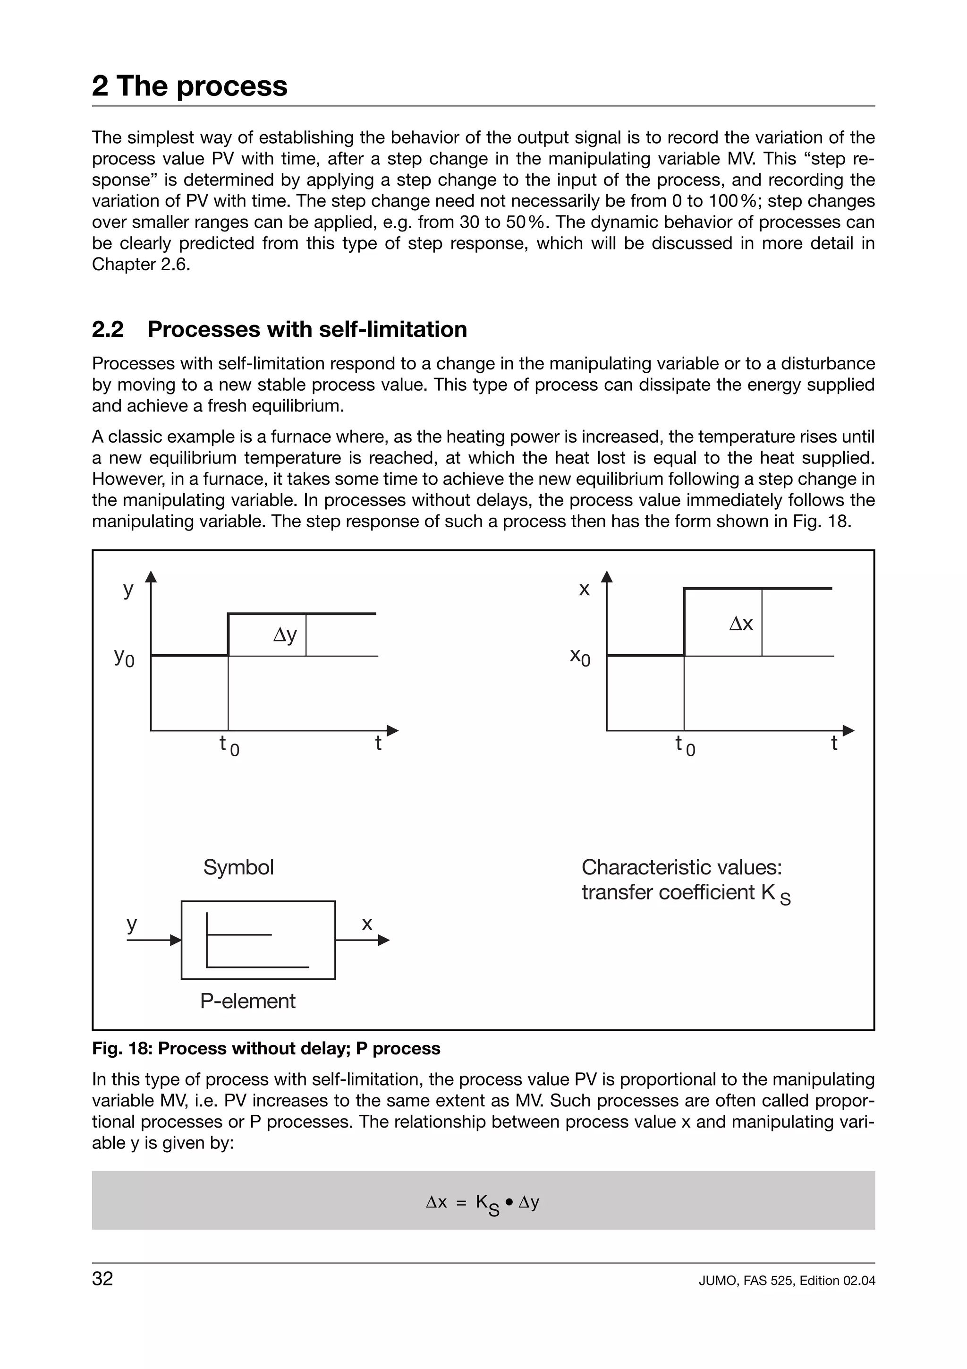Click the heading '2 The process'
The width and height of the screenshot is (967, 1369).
pyautogui.click(x=189, y=86)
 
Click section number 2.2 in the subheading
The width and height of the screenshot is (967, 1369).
pyautogui.click(x=108, y=330)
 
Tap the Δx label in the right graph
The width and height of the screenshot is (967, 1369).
pyautogui.click(x=741, y=624)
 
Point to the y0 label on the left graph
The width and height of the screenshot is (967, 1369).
pyautogui.click(x=124, y=657)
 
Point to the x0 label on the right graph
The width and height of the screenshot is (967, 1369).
pyautogui.click(x=580, y=657)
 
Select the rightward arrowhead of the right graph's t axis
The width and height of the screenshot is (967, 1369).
pyautogui.click(x=848, y=730)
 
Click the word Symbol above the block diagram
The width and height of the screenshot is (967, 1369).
pyautogui.click(x=238, y=867)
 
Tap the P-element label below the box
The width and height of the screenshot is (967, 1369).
pyautogui.click(x=247, y=1001)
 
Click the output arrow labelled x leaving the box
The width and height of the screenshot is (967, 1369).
pyautogui.click(x=362, y=940)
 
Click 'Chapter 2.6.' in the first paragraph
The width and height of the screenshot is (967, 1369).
pyautogui.click(x=141, y=265)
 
